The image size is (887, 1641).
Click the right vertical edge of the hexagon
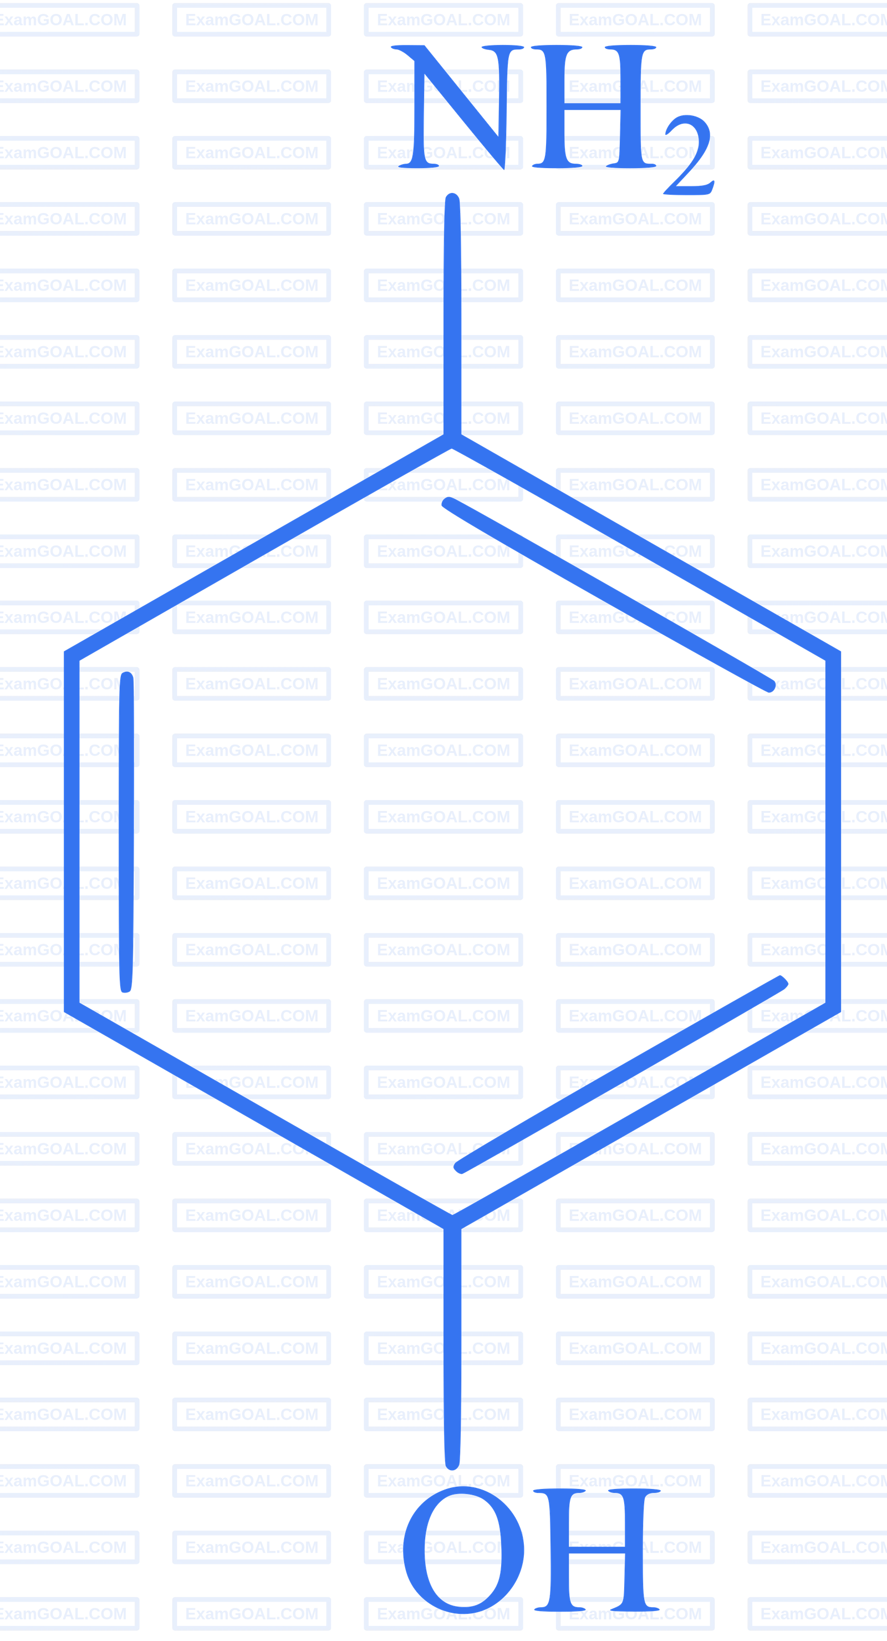833,828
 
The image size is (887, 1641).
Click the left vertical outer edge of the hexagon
72,828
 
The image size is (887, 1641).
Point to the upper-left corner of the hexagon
72,653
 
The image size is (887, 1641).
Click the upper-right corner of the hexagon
833,653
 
